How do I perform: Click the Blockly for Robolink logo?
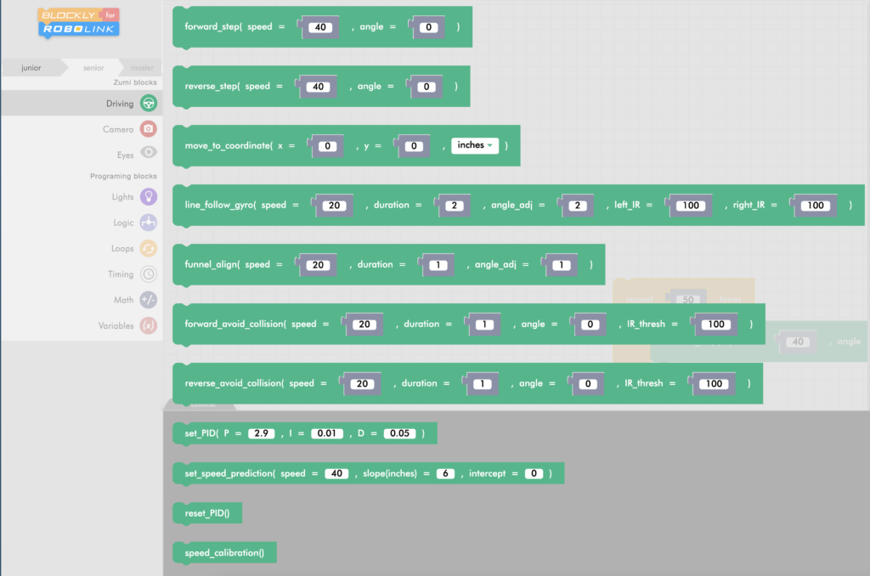pyautogui.click(x=79, y=23)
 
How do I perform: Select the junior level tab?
pyautogui.click(x=31, y=67)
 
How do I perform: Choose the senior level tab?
pyautogui.click(x=93, y=67)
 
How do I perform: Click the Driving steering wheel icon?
pyautogui.click(x=149, y=104)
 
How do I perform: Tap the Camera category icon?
pyautogui.click(x=149, y=129)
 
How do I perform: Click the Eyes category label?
pyautogui.click(x=125, y=155)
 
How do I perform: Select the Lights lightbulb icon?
pyautogui.click(x=149, y=197)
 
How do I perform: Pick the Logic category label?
pyautogui.click(x=123, y=223)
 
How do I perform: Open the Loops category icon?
pyautogui.click(x=149, y=248)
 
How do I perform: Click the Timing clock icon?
pyautogui.click(x=149, y=274)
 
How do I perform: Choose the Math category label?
pyautogui.click(x=123, y=300)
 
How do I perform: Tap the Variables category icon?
pyautogui.click(x=149, y=325)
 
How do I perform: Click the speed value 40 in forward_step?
pyautogui.click(x=320, y=27)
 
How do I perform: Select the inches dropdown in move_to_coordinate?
pyautogui.click(x=474, y=145)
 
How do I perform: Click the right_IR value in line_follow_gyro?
pyautogui.click(x=816, y=206)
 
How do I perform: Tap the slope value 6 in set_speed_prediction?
pyautogui.click(x=445, y=473)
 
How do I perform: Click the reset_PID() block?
pyautogui.click(x=207, y=513)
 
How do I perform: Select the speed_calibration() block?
pyautogui.click(x=224, y=553)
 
